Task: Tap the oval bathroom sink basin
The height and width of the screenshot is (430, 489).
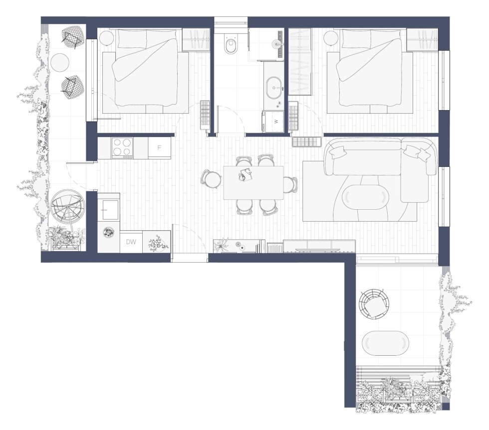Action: [274, 88]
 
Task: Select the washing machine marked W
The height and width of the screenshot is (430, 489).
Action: [273, 122]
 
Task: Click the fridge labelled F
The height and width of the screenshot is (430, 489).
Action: [159, 147]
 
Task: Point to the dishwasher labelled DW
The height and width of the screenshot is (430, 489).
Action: [131, 242]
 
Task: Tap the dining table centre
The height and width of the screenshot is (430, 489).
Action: [253, 183]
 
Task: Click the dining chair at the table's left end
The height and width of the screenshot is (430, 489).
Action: [212, 179]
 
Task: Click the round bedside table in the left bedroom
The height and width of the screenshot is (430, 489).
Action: [107, 38]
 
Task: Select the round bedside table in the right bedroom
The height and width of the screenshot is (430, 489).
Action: [331, 38]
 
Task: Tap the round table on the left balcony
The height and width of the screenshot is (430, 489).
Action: [59, 62]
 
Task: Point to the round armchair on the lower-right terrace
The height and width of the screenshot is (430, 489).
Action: [374, 303]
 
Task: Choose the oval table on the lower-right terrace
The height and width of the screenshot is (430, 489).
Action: [385, 343]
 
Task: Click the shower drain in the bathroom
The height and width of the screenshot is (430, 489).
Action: [276, 43]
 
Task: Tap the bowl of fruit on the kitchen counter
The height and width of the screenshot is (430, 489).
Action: [109, 232]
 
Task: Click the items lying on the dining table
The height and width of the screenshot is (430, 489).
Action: [245, 174]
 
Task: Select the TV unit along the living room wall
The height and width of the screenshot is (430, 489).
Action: [319, 246]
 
